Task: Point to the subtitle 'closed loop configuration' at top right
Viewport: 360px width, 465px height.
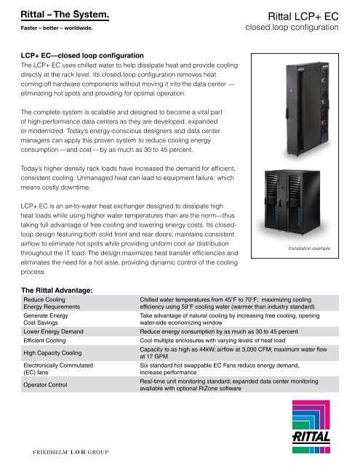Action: (292, 28)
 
